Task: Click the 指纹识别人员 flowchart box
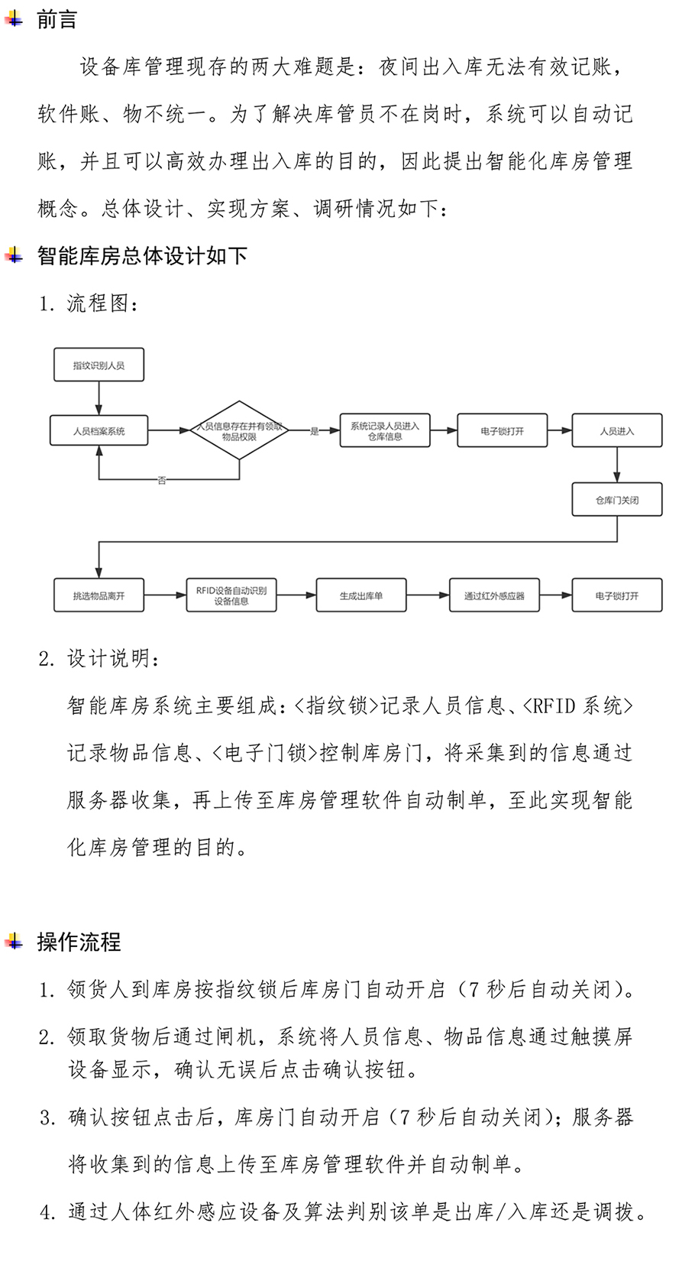(99, 365)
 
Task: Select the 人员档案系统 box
(99, 430)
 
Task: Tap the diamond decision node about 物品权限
(240, 430)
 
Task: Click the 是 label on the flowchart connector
(314, 431)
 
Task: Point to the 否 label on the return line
(162, 480)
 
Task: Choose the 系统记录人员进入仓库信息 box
(385, 430)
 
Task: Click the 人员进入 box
(617, 430)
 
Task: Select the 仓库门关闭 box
(617, 499)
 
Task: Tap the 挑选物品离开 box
(99, 595)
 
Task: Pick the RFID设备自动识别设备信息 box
(231, 595)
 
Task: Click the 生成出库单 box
(361, 595)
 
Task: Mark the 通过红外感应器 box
(494, 595)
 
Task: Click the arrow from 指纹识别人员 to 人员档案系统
(99, 398)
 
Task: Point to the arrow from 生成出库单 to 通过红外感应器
(428, 595)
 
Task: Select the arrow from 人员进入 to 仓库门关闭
(617, 465)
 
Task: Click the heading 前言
(57, 20)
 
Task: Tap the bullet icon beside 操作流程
(14, 941)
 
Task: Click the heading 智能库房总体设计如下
(143, 255)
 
